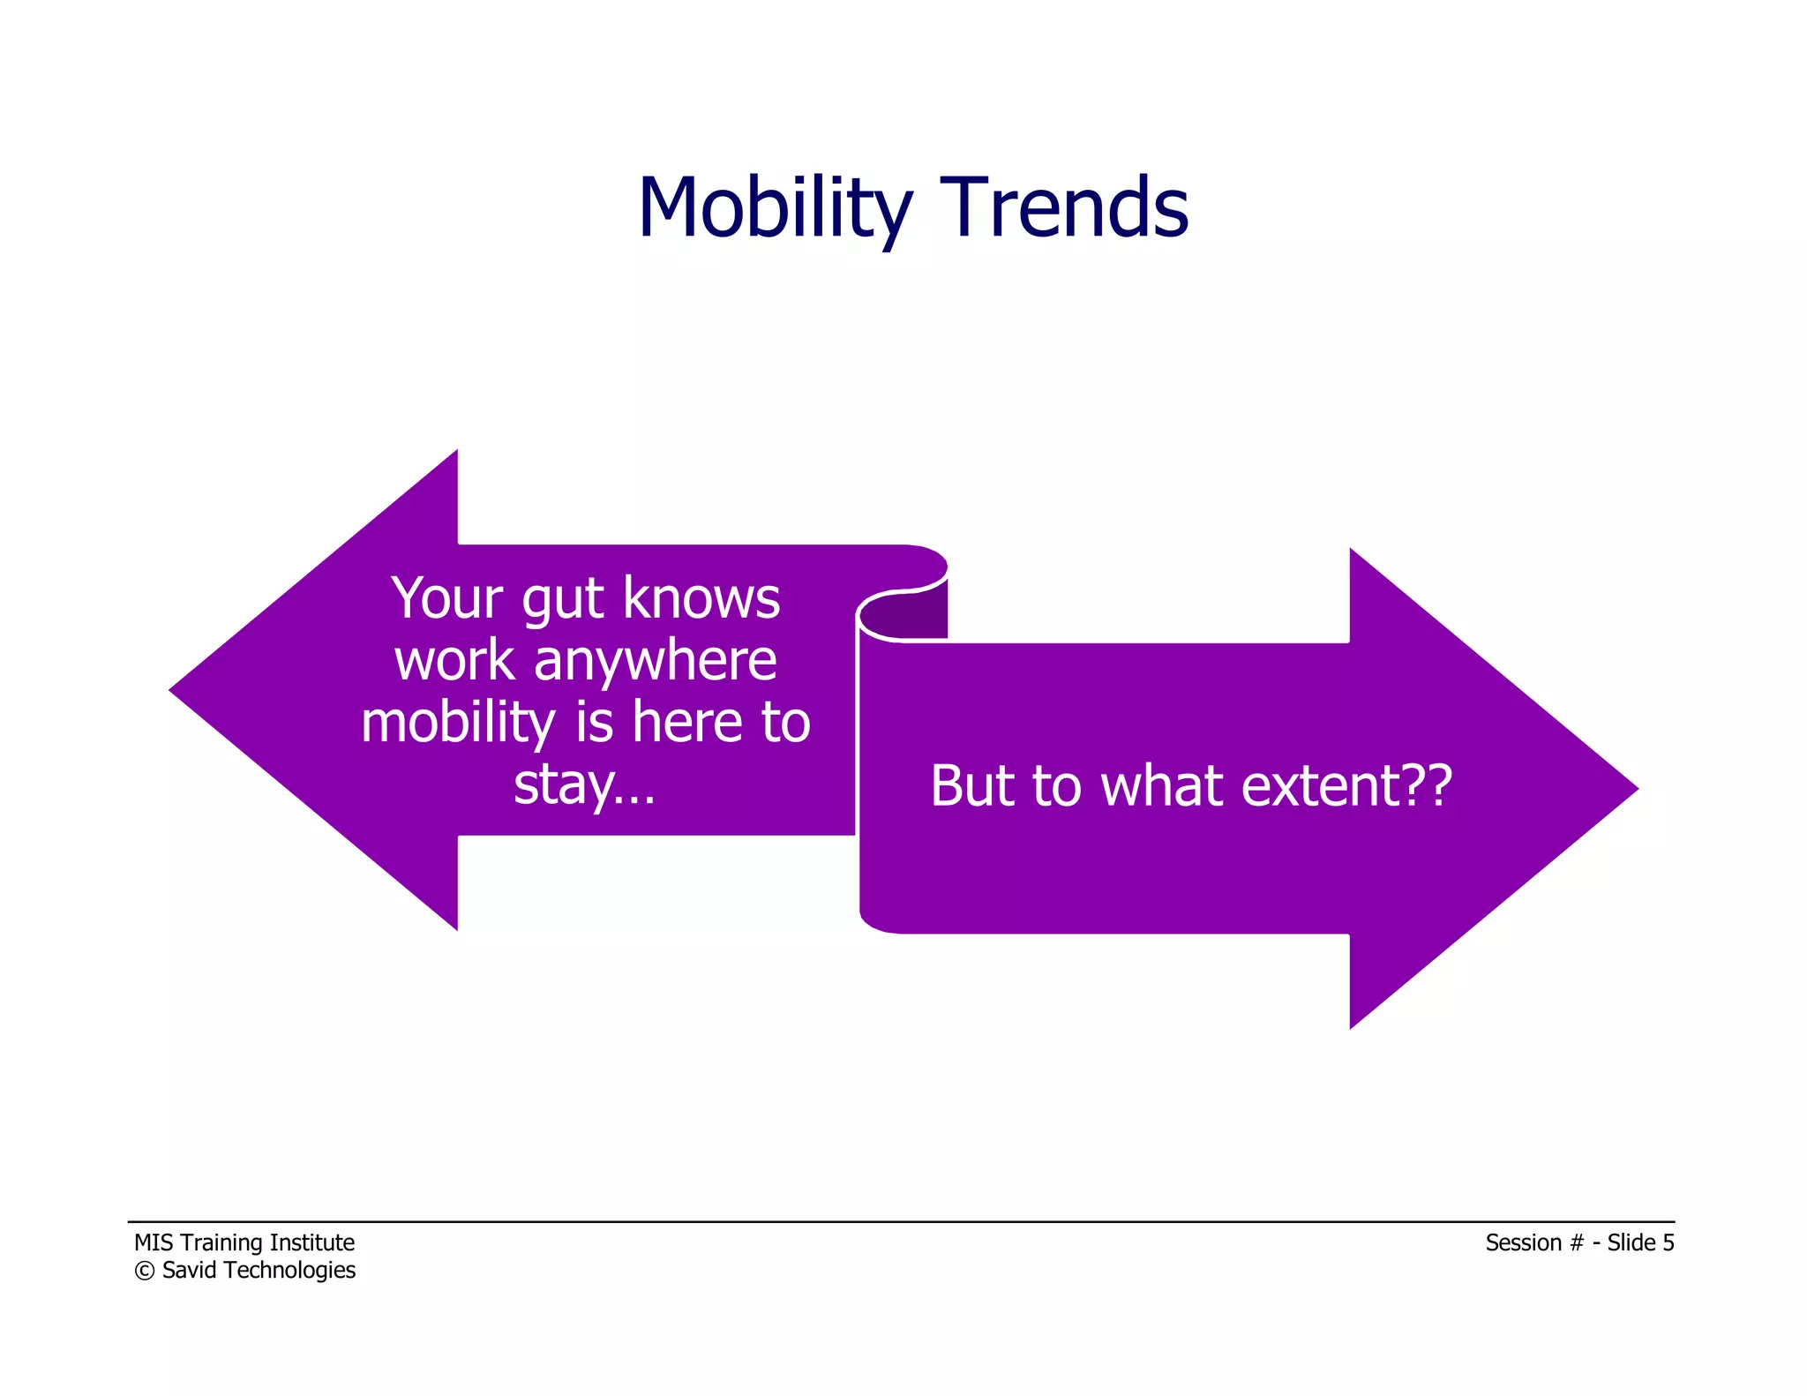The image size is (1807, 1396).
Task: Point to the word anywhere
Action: [655, 661]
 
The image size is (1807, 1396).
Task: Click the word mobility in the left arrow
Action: [457, 724]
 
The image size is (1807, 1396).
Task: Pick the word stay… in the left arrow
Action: [584, 784]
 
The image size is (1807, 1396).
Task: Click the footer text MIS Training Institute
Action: [244, 1242]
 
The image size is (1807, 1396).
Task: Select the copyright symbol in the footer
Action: [144, 1271]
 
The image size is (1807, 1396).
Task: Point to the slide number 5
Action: [1668, 1242]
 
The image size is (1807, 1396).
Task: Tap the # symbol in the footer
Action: [1577, 1242]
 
